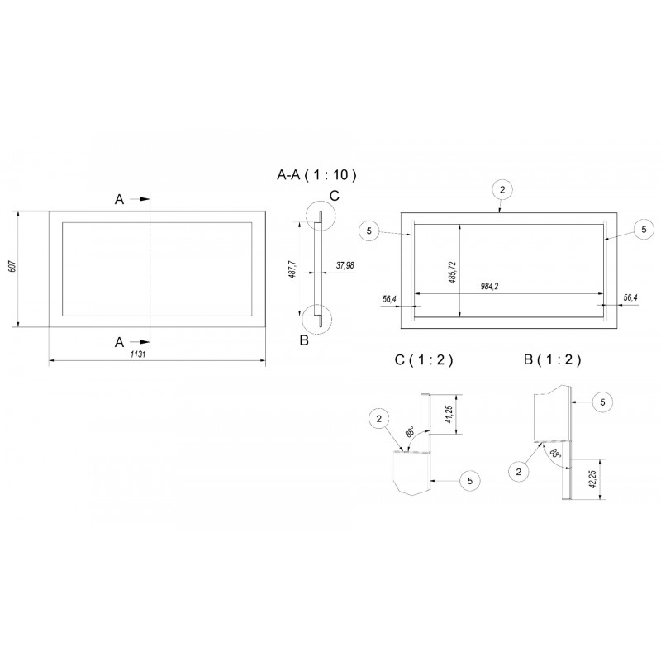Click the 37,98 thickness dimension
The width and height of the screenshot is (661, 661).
(x=345, y=265)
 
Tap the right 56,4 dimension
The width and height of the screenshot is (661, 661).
(x=630, y=297)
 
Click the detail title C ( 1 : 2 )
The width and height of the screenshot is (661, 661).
(x=425, y=359)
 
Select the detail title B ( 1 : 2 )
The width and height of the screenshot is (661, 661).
(x=553, y=359)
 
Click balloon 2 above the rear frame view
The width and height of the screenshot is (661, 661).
(x=501, y=189)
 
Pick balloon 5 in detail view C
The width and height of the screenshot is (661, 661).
(x=470, y=478)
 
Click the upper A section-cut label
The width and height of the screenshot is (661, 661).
(x=120, y=200)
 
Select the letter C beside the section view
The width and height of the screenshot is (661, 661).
(x=334, y=195)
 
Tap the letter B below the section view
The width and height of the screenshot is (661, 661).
(x=304, y=340)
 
